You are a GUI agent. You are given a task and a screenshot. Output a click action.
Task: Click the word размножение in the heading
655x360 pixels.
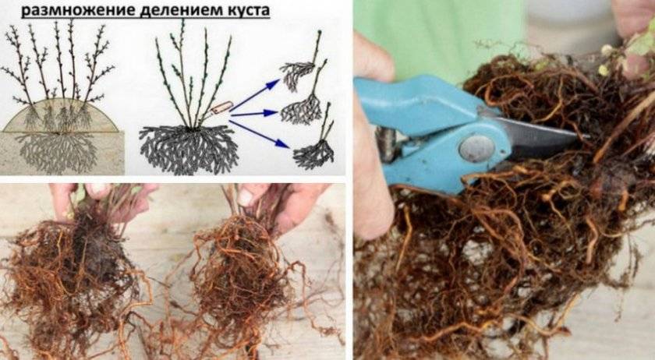click(78, 10)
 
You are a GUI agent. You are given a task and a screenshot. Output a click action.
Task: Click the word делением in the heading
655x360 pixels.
click(181, 9)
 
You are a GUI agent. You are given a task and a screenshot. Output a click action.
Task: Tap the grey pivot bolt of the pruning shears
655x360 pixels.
click(476, 148)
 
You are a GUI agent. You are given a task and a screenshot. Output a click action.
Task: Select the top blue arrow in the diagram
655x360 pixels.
click(255, 95)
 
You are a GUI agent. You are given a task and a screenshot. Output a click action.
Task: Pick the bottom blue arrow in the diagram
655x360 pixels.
click(259, 134)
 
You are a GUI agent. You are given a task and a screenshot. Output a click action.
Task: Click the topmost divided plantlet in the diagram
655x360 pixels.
click(301, 62)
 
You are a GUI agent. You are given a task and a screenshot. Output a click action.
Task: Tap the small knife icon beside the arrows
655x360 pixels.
click(221, 108)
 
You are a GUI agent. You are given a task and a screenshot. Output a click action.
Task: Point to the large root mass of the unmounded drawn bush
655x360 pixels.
click(189, 149)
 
